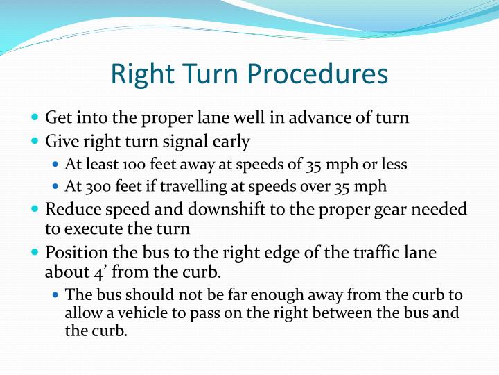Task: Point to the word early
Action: click(x=232, y=142)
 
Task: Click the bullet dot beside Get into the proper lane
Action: click(x=35, y=117)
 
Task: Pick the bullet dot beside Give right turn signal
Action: click(x=35, y=141)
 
